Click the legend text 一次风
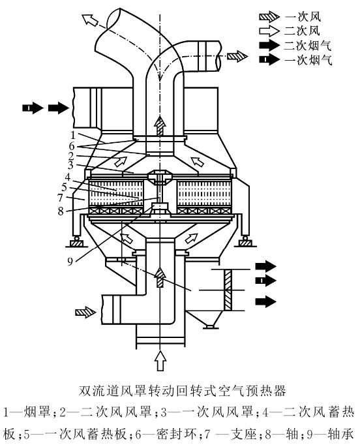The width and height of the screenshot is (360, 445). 303,17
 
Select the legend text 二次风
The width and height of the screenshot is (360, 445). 302,31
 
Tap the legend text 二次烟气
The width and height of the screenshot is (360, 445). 308,46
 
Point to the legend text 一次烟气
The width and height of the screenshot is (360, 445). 308,60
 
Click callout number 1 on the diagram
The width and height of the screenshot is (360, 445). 74,135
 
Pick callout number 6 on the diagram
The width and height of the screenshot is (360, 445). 72,146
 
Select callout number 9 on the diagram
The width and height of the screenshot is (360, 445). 70,262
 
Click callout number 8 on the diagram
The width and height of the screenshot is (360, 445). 61,211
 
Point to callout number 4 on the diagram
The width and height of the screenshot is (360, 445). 68,177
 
